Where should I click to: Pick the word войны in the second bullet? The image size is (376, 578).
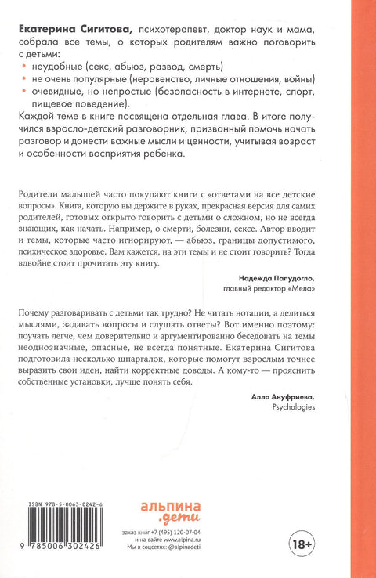295,81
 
